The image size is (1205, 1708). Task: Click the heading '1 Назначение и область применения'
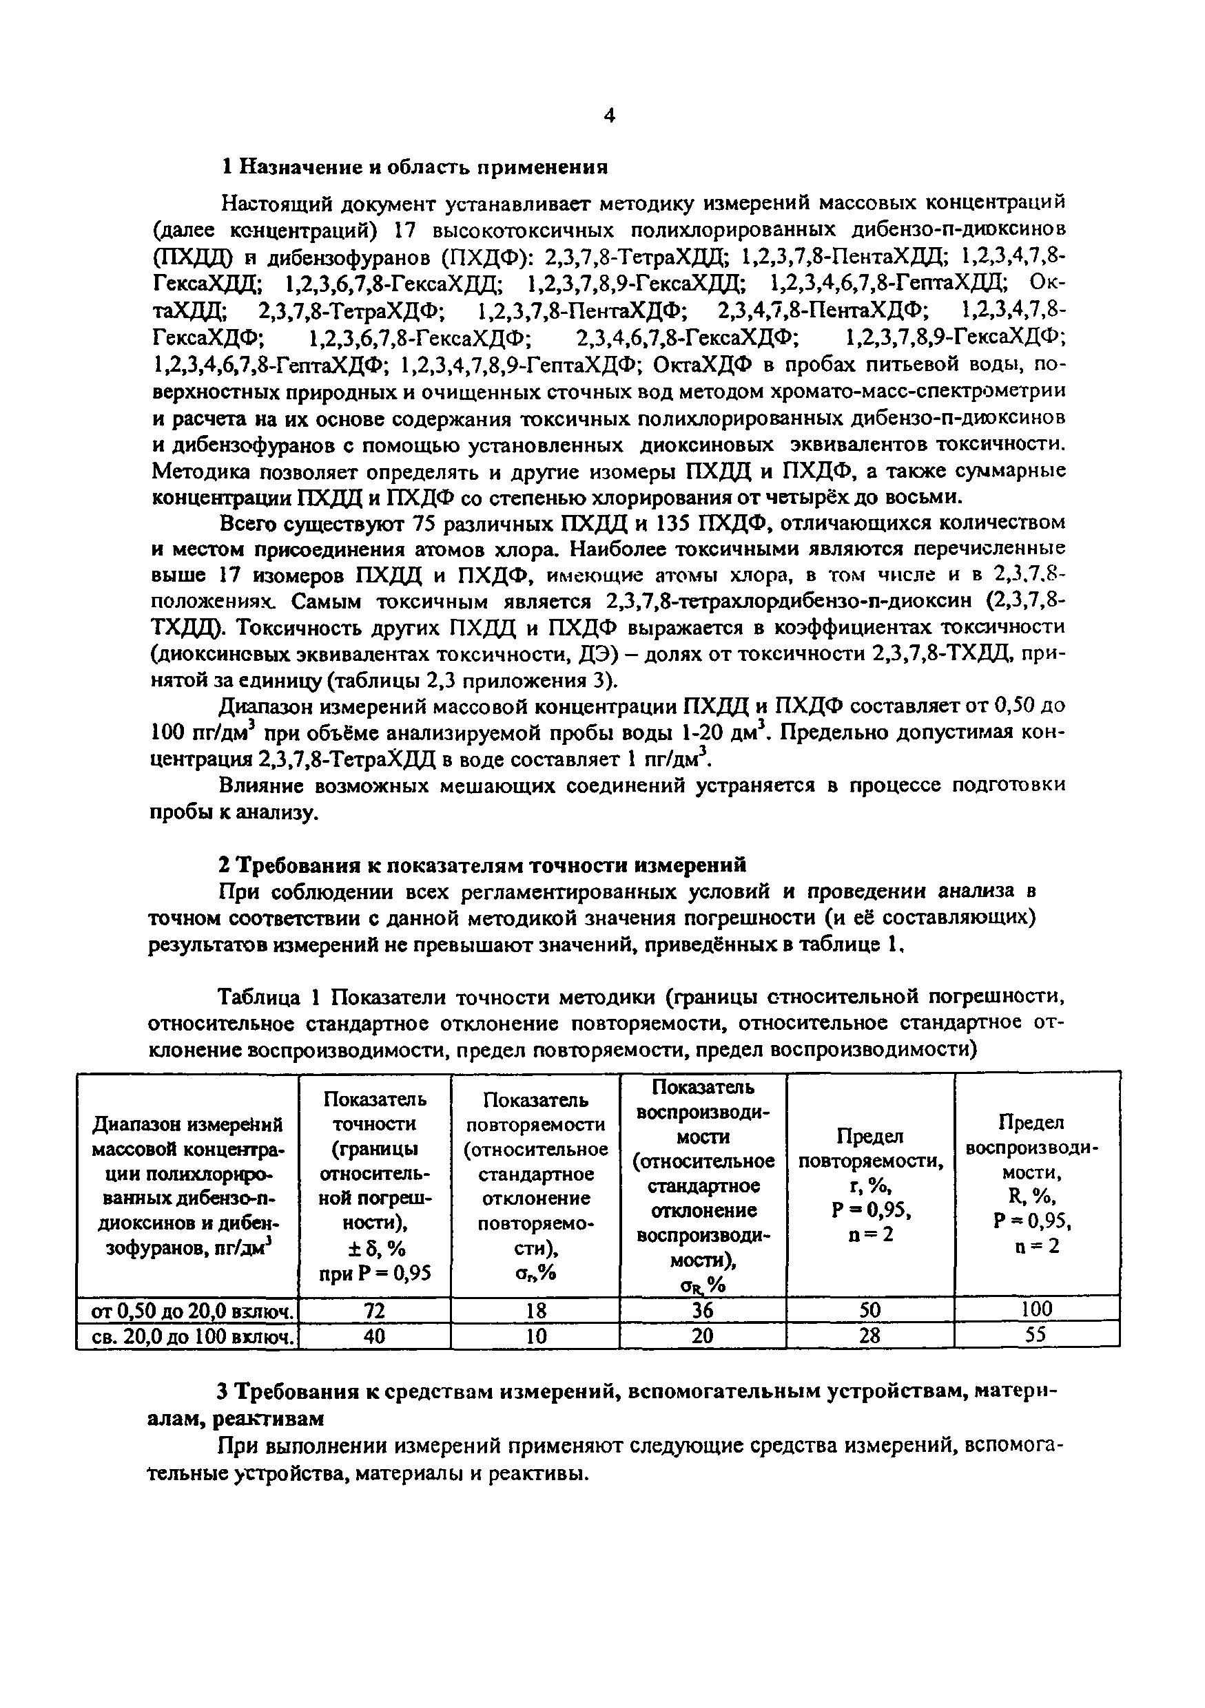[416, 167]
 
